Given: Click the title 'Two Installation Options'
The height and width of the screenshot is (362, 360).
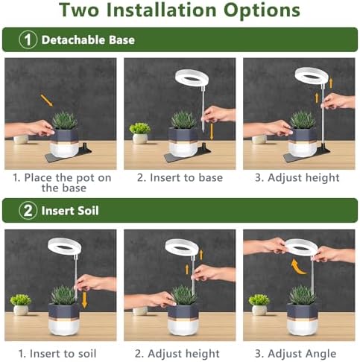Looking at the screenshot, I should (x=180, y=11).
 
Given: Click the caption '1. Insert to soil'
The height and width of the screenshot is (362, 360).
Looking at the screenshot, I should (x=60, y=353).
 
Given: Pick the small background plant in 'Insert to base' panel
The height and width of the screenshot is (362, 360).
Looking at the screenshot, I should (x=139, y=132).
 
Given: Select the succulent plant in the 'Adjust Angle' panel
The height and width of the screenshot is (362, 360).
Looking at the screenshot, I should (x=302, y=295).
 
